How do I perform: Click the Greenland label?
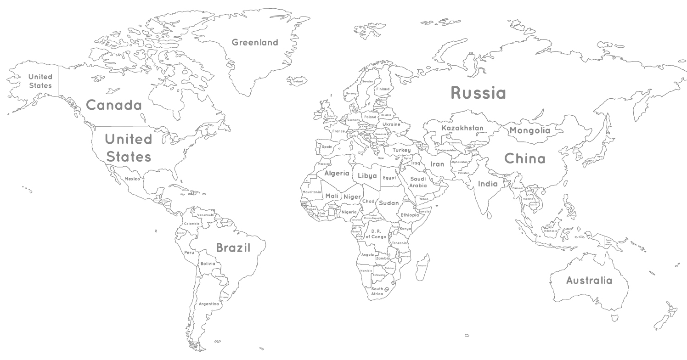tap(254, 43)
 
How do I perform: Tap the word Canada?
tap(113, 105)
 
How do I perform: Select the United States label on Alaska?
tap(40, 81)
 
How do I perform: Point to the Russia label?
tap(478, 93)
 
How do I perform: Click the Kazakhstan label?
tap(462, 128)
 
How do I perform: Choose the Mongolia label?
tap(529, 130)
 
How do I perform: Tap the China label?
tap(525, 159)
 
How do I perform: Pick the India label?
tap(488, 184)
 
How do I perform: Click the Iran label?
tap(437, 164)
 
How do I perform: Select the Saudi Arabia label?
tap(418, 182)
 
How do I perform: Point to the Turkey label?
tap(401, 150)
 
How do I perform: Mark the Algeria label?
tap(337, 174)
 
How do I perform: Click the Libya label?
tap(367, 176)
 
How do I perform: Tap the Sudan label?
tap(389, 203)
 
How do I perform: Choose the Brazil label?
tap(233, 248)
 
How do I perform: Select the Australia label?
tap(589, 280)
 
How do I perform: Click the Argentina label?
tap(208, 304)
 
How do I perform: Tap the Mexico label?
tap(132, 179)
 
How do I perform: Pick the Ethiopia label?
tap(410, 215)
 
